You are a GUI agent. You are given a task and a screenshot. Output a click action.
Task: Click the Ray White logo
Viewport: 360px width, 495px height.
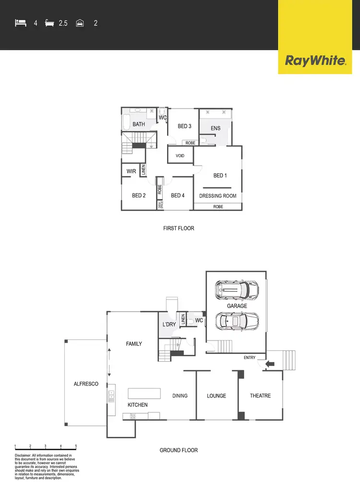tap(315, 60)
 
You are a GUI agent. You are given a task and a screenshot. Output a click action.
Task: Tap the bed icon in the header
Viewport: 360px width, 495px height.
tap(20, 23)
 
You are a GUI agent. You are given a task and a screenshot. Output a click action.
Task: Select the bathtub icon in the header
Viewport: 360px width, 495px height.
tap(49, 23)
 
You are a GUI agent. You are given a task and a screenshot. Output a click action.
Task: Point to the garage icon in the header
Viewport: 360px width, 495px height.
tap(80, 23)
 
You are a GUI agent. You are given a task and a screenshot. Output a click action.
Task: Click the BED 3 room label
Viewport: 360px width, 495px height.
tap(185, 126)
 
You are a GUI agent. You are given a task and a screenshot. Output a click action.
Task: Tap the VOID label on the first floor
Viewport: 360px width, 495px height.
tap(180, 156)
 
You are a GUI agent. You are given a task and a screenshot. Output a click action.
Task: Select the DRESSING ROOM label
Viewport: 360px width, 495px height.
tap(218, 196)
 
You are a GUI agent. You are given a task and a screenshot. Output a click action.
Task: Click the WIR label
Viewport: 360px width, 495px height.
tap(132, 171)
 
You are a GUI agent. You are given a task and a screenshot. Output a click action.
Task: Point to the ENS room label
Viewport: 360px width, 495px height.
tap(216, 128)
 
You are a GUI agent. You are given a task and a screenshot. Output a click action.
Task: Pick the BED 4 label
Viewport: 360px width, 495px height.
tap(178, 195)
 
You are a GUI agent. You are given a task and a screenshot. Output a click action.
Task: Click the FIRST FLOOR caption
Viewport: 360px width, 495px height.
tap(179, 228)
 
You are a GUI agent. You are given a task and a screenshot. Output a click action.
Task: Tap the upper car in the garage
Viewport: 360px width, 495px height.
tap(237, 289)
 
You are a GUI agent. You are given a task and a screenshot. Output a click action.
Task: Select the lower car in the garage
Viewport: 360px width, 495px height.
tap(237, 321)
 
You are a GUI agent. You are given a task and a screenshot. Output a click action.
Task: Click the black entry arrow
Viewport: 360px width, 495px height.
tap(269, 364)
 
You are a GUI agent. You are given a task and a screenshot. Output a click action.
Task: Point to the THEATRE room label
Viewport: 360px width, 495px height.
tap(260, 396)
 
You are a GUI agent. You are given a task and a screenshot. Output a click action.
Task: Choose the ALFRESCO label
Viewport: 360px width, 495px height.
tap(86, 384)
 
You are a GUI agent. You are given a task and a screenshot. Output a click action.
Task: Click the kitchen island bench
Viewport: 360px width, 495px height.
tap(144, 393)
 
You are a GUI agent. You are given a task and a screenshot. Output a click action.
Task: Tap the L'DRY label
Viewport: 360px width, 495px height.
tap(169, 325)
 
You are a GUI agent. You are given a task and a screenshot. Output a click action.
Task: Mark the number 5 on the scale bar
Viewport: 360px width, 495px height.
tap(76, 447)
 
